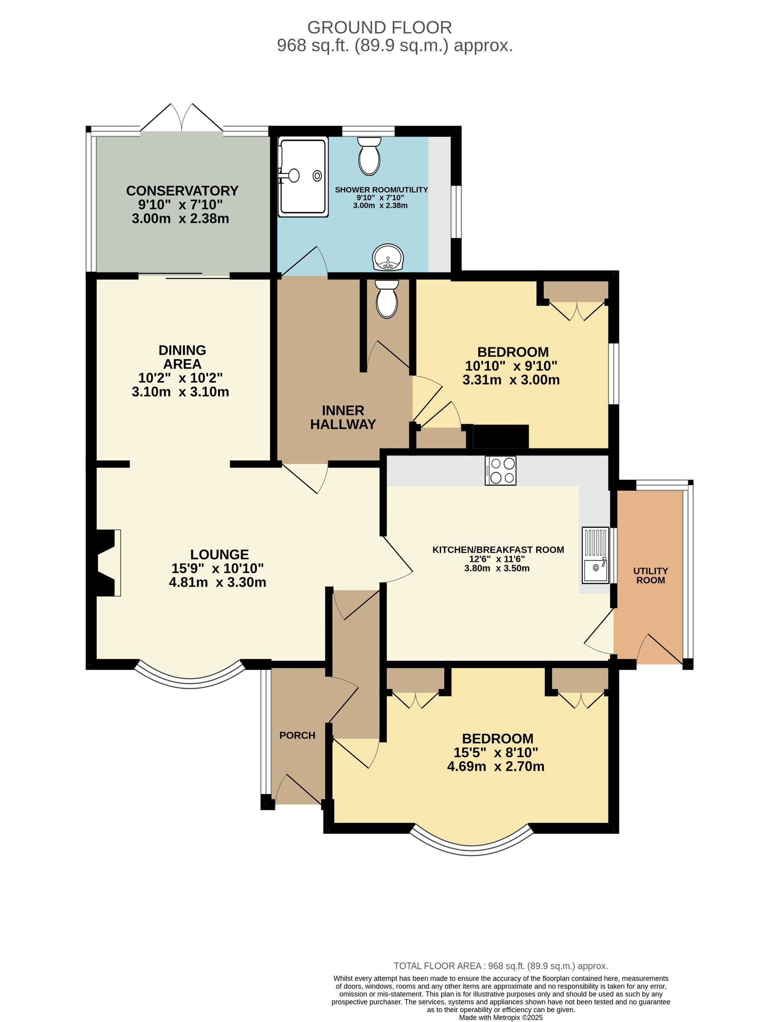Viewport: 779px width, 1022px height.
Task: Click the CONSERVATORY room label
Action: [x=182, y=190]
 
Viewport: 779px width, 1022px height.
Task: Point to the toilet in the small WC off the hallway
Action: [x=387, y=299]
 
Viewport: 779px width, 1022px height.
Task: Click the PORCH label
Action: [x=297, y=735]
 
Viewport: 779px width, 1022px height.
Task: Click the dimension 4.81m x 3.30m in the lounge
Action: [x=217, y=582]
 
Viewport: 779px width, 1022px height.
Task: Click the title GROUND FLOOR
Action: [x=379, y=28]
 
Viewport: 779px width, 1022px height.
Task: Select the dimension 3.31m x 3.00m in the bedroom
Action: [x=511, y=380]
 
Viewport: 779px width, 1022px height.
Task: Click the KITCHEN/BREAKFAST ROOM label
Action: [x=498, y=550]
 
